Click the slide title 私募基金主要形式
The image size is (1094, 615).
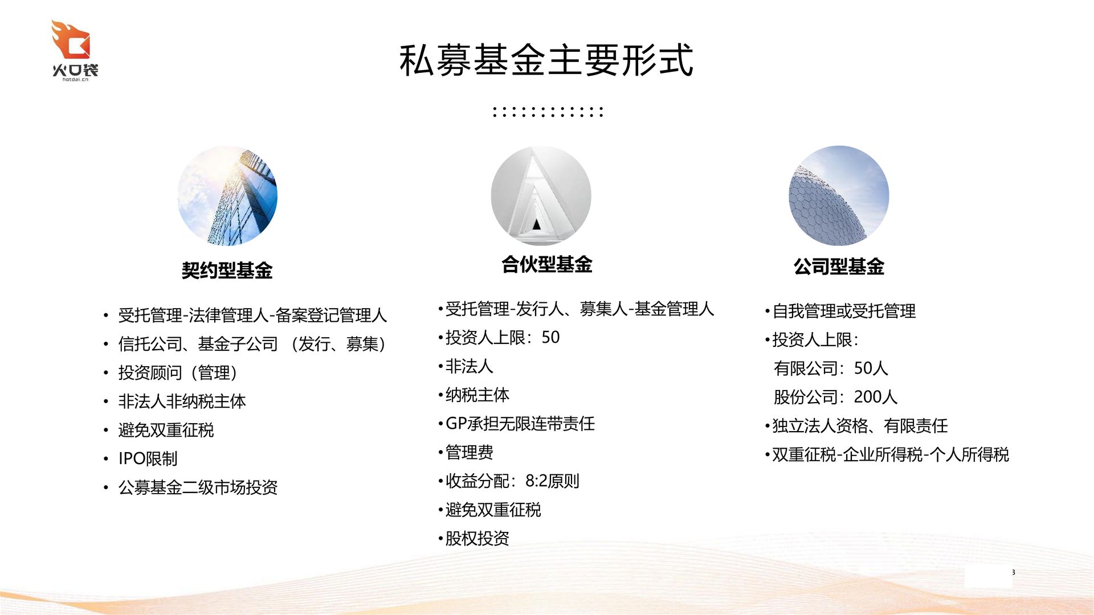point(546,60)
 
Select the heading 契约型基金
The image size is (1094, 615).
point(227,270)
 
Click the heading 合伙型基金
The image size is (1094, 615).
point(547,264)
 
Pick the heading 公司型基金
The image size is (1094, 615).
point(839,266)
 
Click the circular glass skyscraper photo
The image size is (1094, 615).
point(227,196)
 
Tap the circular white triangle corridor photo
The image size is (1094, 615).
point(541,196)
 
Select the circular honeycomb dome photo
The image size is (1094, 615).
point(839,196)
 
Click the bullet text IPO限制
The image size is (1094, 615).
point(148,458)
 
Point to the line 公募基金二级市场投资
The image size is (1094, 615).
point(198,487)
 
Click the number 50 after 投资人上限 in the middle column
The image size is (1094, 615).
point(550,337)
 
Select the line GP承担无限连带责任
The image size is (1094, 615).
point(520,424)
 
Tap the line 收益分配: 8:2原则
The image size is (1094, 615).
point(512,481)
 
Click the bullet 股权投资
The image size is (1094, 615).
point(477,539)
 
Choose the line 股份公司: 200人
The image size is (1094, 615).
point(835,397)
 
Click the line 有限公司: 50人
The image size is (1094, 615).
point(831,368)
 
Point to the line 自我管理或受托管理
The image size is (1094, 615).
point(844,311)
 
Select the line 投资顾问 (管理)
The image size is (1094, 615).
point(178,372)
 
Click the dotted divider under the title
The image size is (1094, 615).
point(548,112)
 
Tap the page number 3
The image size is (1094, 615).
point(1013,572)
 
